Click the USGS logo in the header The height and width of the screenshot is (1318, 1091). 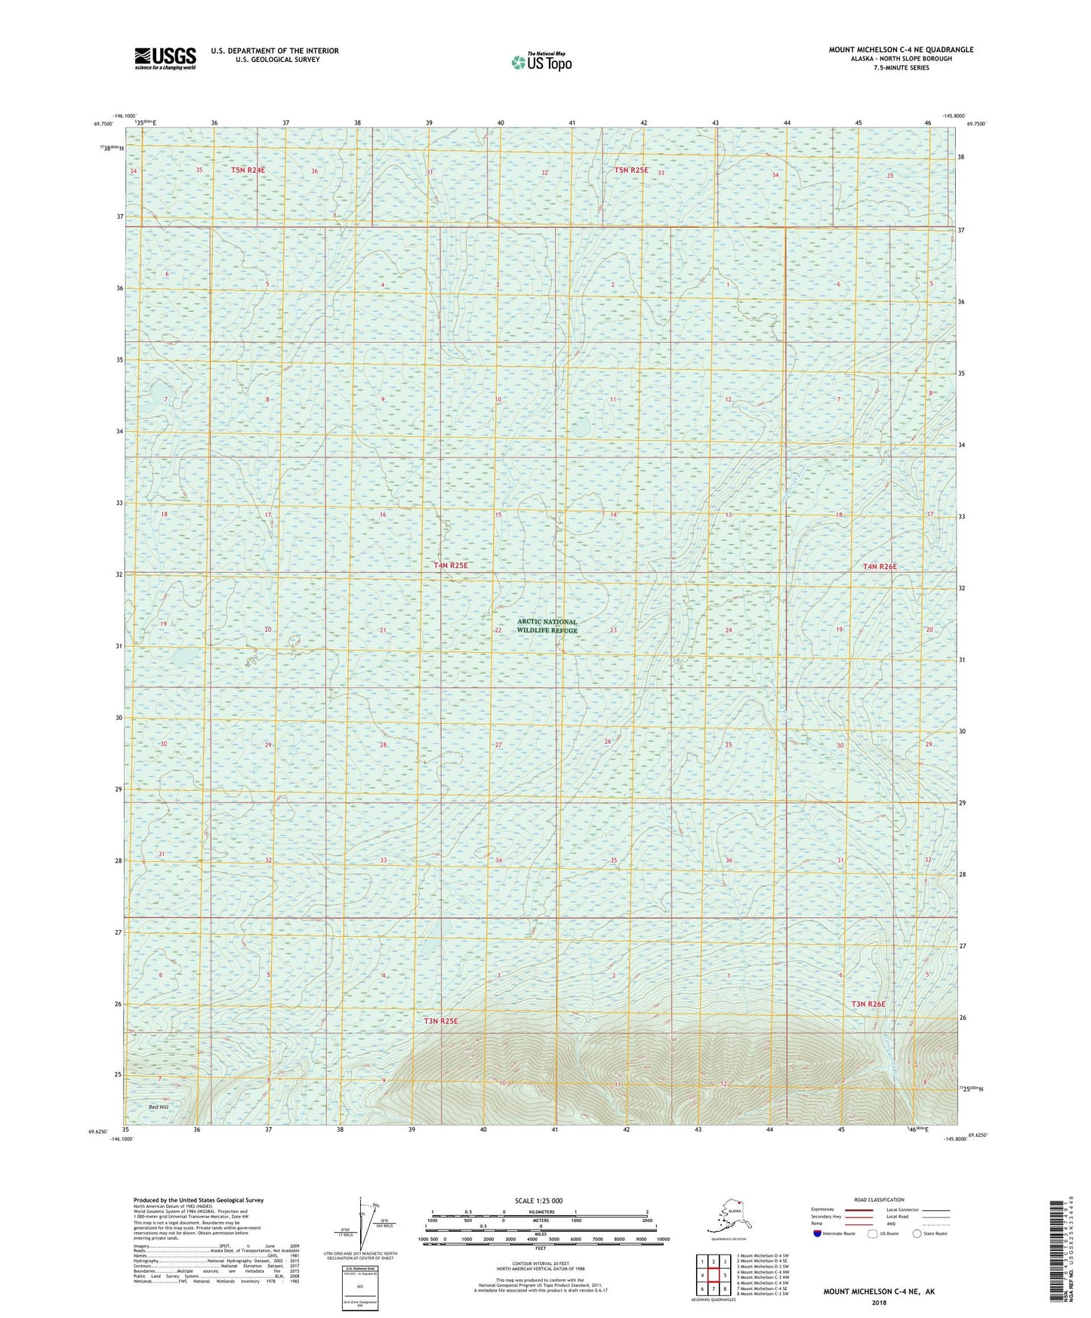tap(165, 58)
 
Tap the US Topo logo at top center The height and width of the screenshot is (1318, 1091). tap(541, 62)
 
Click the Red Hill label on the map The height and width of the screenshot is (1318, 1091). tap(159, 1107)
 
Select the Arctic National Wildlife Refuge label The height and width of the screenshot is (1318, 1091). tap(547, 626)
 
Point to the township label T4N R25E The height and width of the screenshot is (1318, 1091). tap(451, 565)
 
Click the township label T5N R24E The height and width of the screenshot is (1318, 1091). tap(248, 171)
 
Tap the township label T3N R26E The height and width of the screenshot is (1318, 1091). tap(868, 1004)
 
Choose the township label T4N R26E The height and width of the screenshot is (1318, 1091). tap(880, 566)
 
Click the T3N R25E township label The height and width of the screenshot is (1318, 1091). tap(441, 1021)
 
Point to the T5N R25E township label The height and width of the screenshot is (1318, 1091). tap(630, 171)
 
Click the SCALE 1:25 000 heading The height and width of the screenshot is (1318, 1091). tap(538, 1200)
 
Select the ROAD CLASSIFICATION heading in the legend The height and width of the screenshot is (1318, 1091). tap(879, 1199)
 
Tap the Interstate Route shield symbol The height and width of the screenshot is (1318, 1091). tap(817, 1233)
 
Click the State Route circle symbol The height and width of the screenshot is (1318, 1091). tap(917, 1233)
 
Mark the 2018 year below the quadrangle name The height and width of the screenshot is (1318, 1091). tap(879, 1302)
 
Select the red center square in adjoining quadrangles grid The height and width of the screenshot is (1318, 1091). tap(713, 1276)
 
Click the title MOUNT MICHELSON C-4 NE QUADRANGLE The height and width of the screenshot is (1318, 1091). tap(901, 50)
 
